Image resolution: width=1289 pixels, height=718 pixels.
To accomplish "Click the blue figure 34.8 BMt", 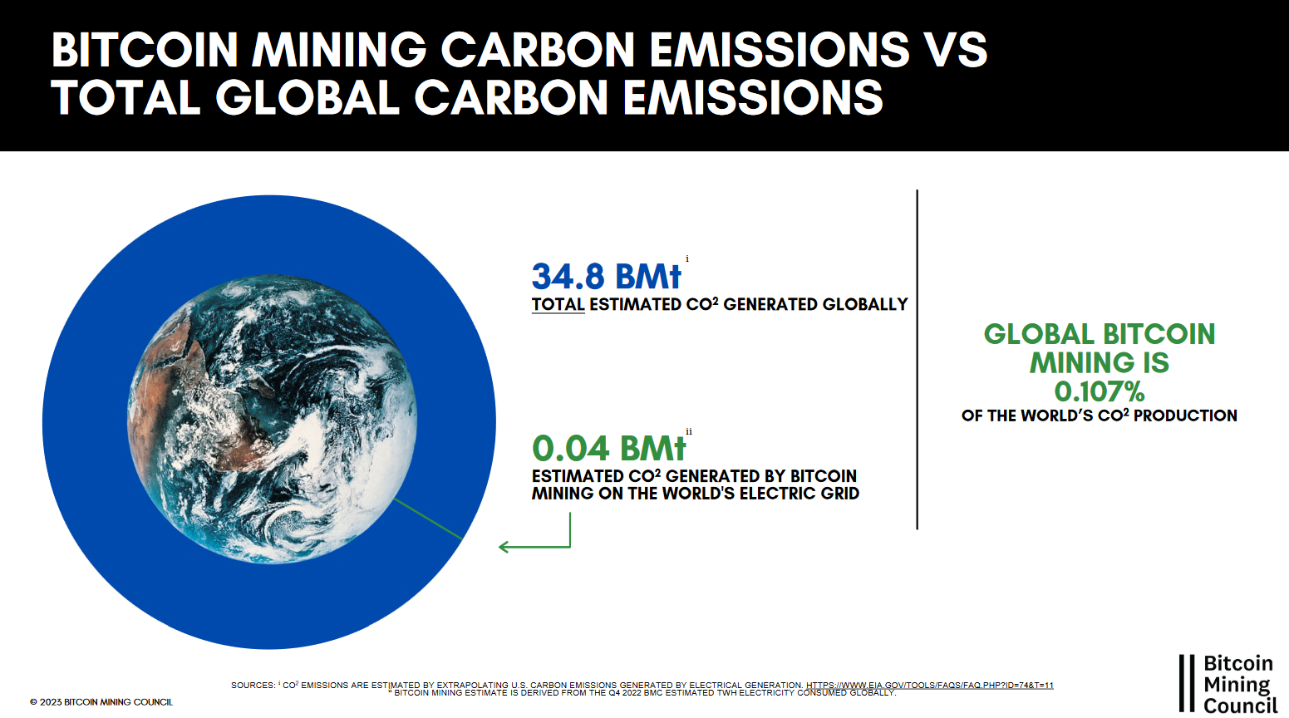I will [606, 277].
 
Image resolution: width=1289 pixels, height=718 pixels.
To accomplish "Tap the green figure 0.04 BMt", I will [608, 449].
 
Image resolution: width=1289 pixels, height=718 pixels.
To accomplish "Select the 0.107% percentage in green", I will [1099, 391].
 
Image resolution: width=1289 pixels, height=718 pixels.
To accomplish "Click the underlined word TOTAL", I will [558, 305].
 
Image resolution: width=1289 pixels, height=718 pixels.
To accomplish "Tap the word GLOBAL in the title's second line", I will [307, 97].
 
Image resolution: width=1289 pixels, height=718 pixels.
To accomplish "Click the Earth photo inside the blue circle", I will [273, 420].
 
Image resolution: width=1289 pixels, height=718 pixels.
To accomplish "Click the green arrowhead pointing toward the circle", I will [504, 547].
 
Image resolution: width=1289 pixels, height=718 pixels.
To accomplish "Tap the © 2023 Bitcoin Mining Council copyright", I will [101, 702].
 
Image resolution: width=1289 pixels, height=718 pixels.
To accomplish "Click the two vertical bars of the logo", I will [1187, 683].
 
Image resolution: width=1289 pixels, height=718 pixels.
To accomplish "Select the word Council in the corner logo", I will [1240, 706].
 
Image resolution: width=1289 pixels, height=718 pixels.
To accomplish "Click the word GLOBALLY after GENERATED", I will [866, 305].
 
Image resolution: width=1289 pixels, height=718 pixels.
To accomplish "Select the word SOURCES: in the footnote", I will [253, 686].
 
